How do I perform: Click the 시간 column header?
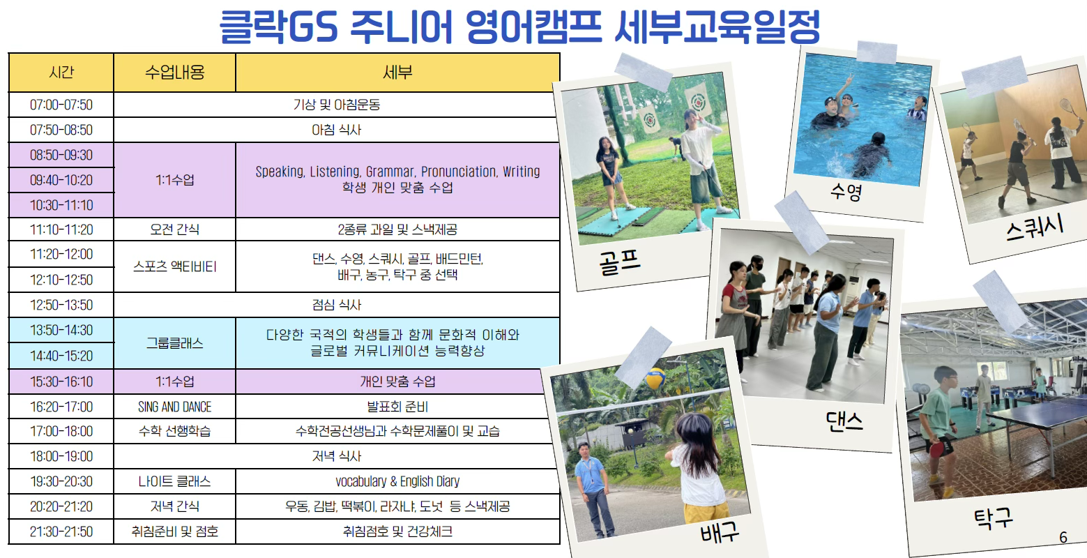[61, 72]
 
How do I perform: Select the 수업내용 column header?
[174, 72]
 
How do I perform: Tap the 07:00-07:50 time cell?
[61, 105]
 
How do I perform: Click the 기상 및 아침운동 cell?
[336, 105]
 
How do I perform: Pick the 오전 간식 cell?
[174, 229]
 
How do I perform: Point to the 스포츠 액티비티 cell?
[174, 266]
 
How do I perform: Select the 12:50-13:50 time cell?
[61, 305]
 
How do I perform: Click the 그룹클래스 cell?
[174, 343]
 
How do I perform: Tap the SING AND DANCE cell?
[174, 407]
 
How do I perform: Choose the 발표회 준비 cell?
[397, 407]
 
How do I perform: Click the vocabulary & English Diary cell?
[397, 481]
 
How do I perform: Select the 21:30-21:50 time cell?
[61, 531]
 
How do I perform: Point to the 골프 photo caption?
[619, 262]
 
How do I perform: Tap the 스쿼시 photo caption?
[1035, 227]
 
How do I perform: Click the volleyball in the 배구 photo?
[655, 379]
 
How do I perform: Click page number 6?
[1063, 537]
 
